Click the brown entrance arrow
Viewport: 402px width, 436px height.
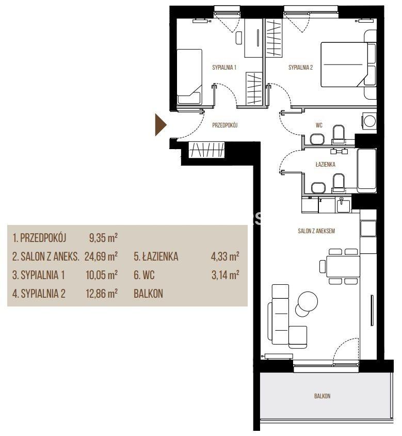pyautogui.click(x=160, y=125)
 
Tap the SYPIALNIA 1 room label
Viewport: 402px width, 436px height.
pyautogui.click(x=224, y=67)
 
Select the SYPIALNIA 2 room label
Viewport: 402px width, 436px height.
pyautogui.click(x=300, y=67)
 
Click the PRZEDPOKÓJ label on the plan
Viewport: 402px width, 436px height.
pyautogui.click(x=225, y=125)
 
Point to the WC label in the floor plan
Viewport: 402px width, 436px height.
pyautogui.click(x=319, y=125)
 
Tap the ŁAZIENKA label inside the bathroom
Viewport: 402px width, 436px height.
pyautogui.click(x=325, y=164)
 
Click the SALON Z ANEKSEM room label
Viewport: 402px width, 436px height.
pyautogui.click(x=316, y=231)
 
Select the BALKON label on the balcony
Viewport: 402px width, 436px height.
pyautogui.click(x=322, y=396)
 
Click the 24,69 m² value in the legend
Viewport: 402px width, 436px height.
pyautogui.click(x=101, y=256)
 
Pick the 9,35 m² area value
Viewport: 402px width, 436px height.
pyautogui.click(x=103, y=238)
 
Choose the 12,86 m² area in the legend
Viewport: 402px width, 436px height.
pyautogui.click(x=102, y=294)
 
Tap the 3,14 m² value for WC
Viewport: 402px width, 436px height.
pyautogui.click(x=225, y=275)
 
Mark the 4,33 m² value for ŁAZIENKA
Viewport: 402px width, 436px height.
pyautogui.click(x=225, y=256)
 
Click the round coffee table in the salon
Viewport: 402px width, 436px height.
pyautogui.click(x=308, y=301)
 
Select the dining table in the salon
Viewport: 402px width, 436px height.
pyautogui.click(x=343, y=266)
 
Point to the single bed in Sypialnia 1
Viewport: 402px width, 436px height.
pyautogui.click(x=189, y=77)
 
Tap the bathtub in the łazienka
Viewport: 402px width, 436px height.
pyautogui.click(x=366, y=171)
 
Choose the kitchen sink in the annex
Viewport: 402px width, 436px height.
pyautogui.click(x=344, y=205)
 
